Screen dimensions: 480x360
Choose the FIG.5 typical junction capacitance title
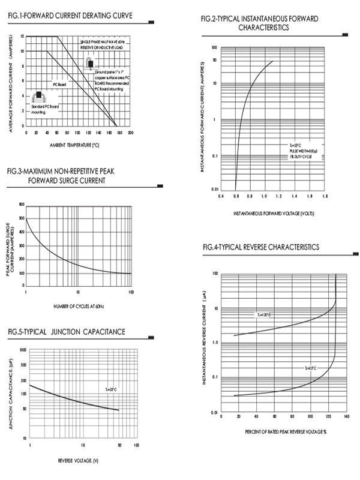click(67, 331)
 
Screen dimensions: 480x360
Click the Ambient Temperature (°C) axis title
click(74, 145)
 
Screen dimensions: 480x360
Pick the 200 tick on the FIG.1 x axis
click(131, 133)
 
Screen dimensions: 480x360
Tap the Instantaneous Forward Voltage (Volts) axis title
click(273, 213)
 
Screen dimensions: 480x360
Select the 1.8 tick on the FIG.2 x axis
click(325, 196)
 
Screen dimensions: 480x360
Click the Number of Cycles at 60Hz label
click(78, 307)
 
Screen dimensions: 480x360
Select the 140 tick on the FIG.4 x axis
click(347, 416)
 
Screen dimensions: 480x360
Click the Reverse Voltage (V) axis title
click(78, 460)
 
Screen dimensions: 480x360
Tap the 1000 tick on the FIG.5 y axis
click(23, 350)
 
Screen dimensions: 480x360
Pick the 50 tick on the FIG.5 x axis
click(119, 445)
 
